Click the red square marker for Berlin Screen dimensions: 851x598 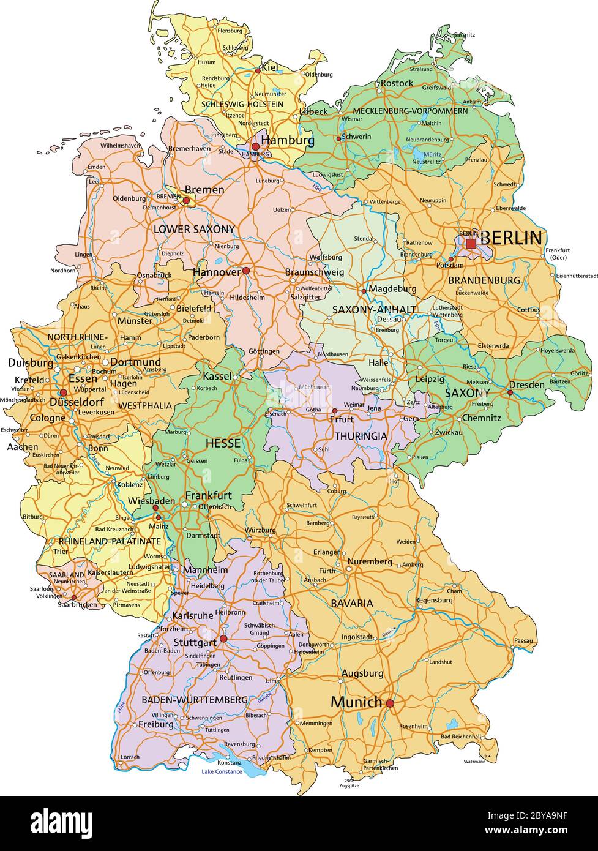[471, 244]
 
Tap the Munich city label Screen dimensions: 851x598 [356, 702]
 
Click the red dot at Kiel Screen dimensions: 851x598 [258, 71]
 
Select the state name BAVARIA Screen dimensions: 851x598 [351, 603]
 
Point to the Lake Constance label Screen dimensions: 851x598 [222, 771]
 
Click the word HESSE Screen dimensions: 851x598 [223, 443]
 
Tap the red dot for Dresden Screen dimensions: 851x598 [510, 392]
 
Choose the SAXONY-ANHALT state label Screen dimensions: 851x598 [374, 310]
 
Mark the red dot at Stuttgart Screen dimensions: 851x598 [224, 639]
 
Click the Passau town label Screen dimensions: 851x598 [525, 641]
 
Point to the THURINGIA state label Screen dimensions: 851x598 [361, 436]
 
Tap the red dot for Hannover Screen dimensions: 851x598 [246, 270]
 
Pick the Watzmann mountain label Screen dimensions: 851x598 [474, 762]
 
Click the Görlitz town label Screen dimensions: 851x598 [578, 373]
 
